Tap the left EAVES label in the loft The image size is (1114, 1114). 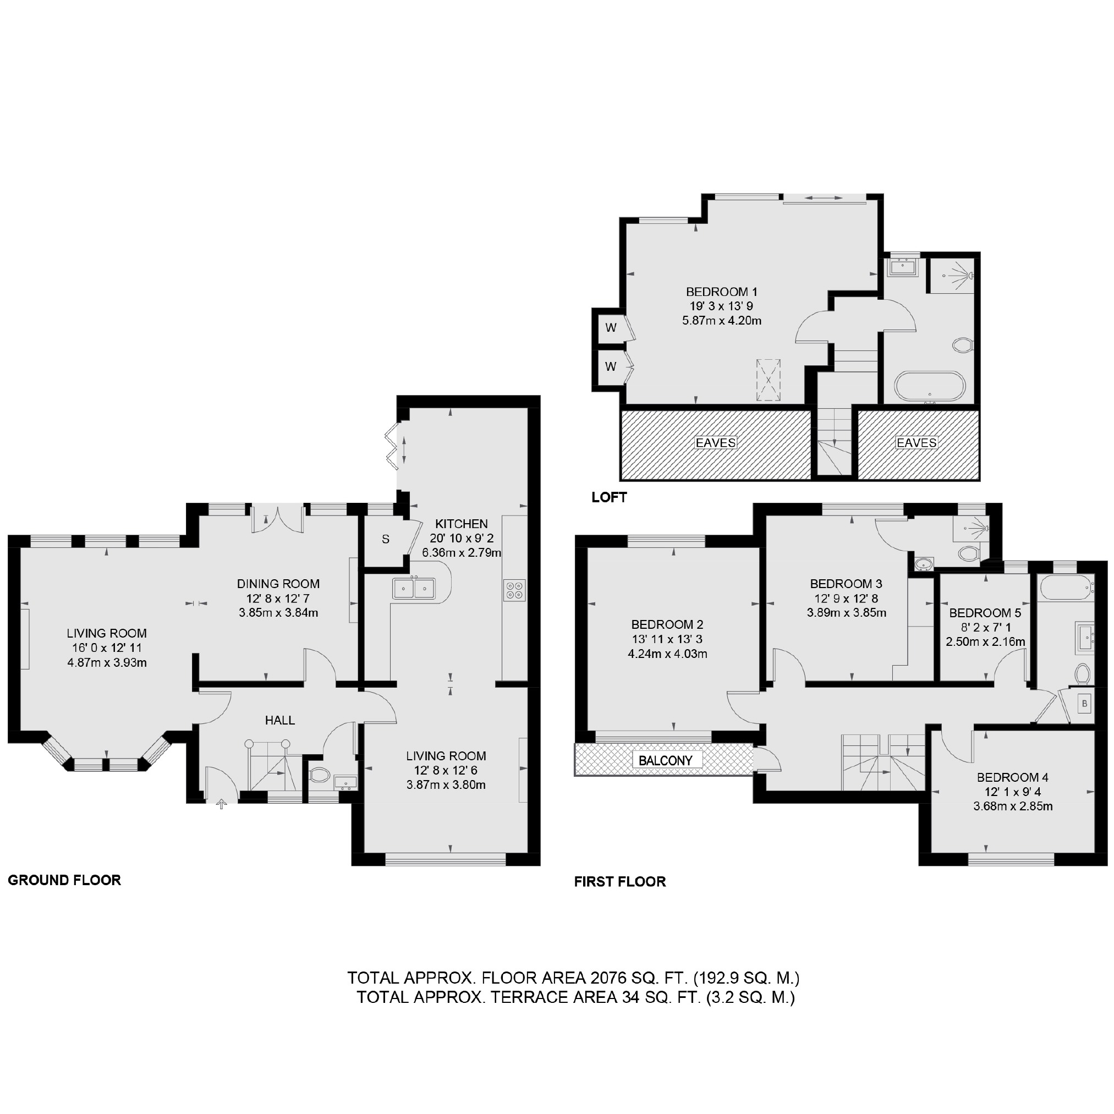(716, 443)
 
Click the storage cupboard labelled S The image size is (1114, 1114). (385, 539)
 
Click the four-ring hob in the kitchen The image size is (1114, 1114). (514, 590)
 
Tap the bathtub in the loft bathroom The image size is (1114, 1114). (929, 386)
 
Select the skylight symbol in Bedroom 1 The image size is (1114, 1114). (768, 380)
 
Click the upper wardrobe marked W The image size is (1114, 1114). (611, 328)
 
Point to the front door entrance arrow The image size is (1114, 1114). (221, 804)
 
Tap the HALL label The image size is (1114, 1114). (279, 720)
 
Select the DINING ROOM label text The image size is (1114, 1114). (278, 584)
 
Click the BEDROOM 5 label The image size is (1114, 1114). (985, 613)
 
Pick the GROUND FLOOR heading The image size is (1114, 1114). (64, 880)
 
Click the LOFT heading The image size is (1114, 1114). (609, 497)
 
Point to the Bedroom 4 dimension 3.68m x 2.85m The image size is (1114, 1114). (1013, 806)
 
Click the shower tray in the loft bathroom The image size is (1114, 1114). (951, 275)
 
